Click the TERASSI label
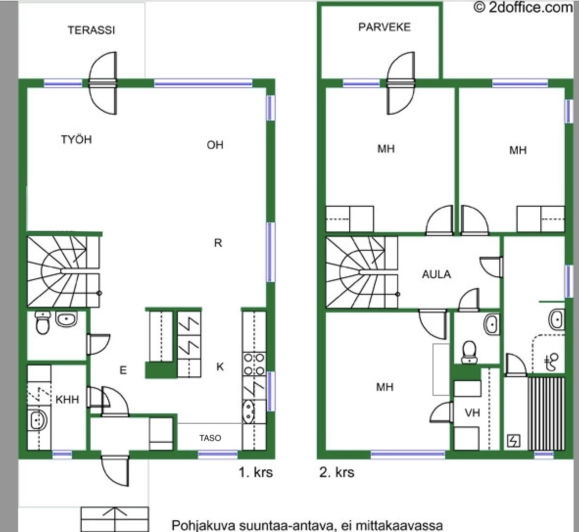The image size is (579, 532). tap(91, 30)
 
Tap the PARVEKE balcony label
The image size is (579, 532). tap(385, 27)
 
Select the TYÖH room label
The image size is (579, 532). tap(76, 139)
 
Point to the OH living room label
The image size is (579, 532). tap(215, 145)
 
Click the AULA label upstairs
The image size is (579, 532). tap(436, 274)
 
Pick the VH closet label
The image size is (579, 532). tap(472, 412)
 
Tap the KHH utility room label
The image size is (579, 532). tap(67, 399)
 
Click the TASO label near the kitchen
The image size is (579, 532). tap(210, 438)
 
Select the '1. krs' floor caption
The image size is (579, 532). tap(256, 472)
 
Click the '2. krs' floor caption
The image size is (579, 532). tap(337, 472)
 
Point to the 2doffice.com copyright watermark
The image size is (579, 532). tap(523, 7)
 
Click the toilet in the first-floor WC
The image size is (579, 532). tap(43, 322)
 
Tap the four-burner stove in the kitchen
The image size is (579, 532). tap(254, 364)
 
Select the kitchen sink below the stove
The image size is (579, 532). tap(249, 411)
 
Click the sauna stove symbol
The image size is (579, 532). tap(514, 440)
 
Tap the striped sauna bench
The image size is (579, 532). tap(547, 413)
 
